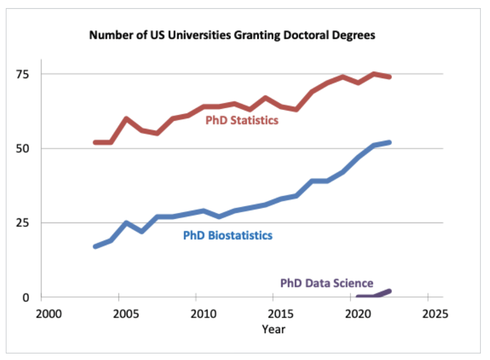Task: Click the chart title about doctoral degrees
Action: coord(232,36)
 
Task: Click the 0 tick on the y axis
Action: coord(33,297)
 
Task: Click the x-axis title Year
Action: coord(274,328)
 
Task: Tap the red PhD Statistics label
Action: coord(242,120)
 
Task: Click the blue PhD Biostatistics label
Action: coord(227,236)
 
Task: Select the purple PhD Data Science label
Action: coord(326,283)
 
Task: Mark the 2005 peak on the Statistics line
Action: coord(126,119)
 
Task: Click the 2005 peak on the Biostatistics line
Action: coord(126,223)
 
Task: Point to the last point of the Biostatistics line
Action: coord(389,142)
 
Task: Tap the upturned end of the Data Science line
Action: coord(389,291)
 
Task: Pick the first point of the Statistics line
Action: coord(95,142)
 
